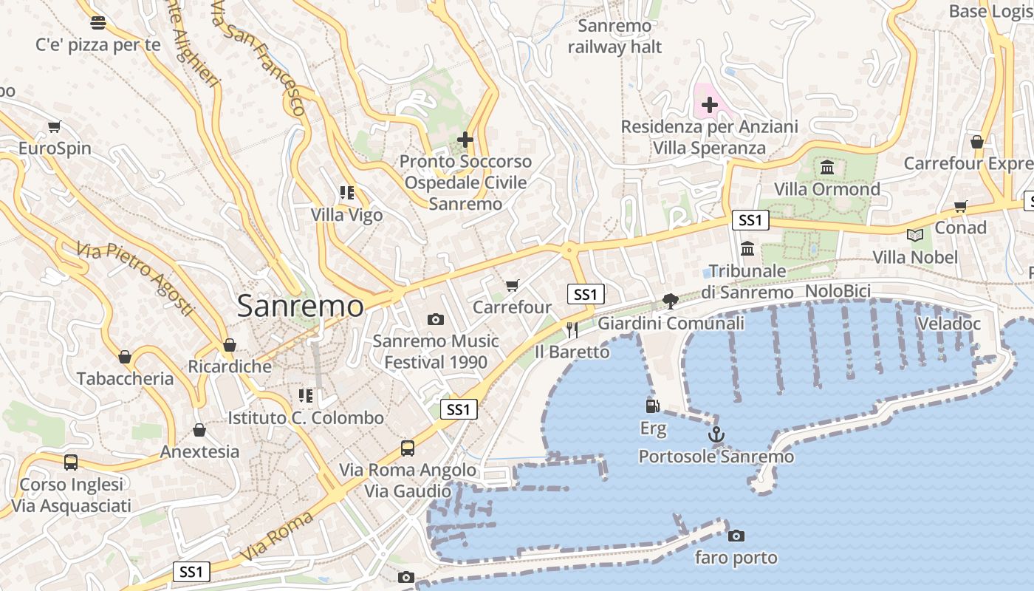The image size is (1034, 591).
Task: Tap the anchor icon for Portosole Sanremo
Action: pyautogui.click(x=716, y=434)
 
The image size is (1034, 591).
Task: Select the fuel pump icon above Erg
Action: pyautogui.click(x=652, y=406)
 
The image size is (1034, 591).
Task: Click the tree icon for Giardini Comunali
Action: pyautogui.click(x=670, y=301)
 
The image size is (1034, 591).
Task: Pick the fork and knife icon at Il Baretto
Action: pyautogui.click(x=572, y=329)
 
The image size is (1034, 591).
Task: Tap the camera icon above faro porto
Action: pyautogui.click(x=736, y=536)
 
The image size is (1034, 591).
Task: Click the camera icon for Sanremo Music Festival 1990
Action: pyautogui.click(x=436, y=319)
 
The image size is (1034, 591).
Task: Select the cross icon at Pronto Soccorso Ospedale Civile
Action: pyautogui.click(x=465, y=139)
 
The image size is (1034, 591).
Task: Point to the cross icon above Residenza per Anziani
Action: pyautogui.click(x=709, y=105)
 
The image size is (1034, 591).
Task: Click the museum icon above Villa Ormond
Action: pyautogui.click(x=827, y=167)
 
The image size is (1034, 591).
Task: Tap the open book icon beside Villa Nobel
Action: pyautogui.click(x=915, y=235)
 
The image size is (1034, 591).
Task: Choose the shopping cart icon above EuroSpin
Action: pyautogui.click(x=54, y=126)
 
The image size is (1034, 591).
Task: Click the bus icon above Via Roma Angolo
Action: pyautogui.click(x=408, y=448)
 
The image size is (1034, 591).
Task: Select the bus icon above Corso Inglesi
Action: pyautogui.click(x=71, y=462)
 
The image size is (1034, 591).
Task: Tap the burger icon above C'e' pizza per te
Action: pyautogui.click(x=97, y=22)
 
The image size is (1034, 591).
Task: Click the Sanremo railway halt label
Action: pyautogui.click(x=614, y=37)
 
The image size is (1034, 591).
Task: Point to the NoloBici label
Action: pyautogui.click(x=838, y=291)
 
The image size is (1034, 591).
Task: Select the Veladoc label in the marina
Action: pyautogui.click(x=948, y=324)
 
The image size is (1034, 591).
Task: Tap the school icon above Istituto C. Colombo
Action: pyautogui.click(x=306, y=396)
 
